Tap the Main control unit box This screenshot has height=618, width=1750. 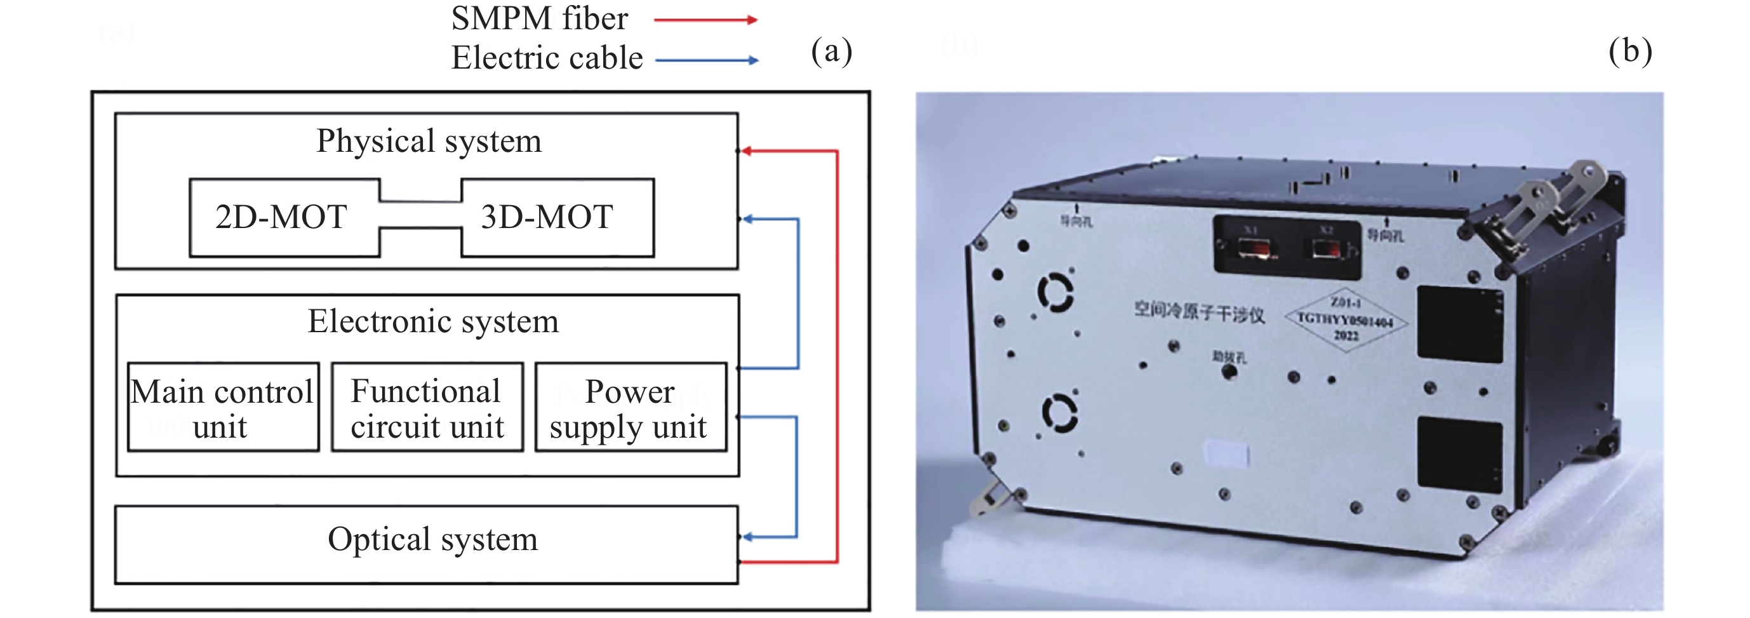(x=223, y=407)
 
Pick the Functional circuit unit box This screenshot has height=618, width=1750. (x=427, y=407)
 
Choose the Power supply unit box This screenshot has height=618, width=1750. (x=631, y=407)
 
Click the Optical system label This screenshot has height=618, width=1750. (x=433, y=540)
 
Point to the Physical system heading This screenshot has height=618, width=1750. (x=429, y=142)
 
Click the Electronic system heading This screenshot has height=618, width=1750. (x=433, y=321)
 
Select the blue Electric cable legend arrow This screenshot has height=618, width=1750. (x=707, y=60)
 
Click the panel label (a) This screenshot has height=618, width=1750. (x=832, y=51)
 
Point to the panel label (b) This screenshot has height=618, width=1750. (x=1631, y=51)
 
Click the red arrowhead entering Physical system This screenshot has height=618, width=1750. (x=746, y=151)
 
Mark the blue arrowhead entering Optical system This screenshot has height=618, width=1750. (x=747, y=537)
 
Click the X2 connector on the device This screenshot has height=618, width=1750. (x=1326, y=248)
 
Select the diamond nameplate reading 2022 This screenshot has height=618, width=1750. (x=1345, y=319)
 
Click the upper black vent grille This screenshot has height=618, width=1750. (x=1459, y=324)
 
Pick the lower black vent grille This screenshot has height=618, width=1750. (x=1459, y=453)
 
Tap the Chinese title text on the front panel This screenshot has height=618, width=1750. (x=1199, y=312)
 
